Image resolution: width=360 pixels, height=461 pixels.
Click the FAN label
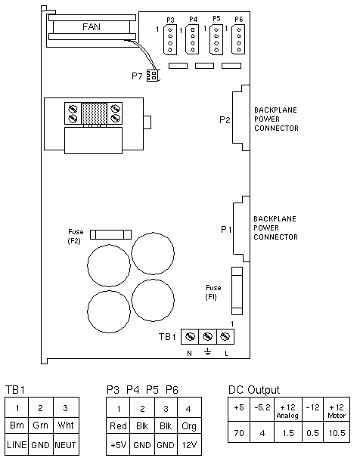[x=92, y=27]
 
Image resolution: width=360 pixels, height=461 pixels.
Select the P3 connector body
[x=170, y=39]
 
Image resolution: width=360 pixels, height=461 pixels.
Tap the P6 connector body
[x=238, y=39]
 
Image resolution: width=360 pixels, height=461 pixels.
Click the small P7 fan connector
[x=152, y=76]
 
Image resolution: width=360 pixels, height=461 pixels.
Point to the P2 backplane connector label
[x=225, y=120]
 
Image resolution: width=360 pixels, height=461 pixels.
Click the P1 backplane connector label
[x=226, y=229]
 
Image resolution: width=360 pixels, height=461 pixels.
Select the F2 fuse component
[x=110, y=234]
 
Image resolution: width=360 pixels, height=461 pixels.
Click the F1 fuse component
[x=237, y=291]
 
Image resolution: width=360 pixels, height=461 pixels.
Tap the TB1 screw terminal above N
[x=190, y=336]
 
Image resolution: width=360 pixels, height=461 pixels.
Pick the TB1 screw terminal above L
[x=225, y=336]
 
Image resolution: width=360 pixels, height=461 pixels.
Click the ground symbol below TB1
[x=208, y=352]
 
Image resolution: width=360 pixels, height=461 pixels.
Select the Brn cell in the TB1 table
[x=17, y=425]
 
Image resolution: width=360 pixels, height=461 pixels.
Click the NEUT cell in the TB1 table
[x=66, y=444]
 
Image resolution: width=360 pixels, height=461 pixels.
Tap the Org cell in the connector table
[x=189, y=426]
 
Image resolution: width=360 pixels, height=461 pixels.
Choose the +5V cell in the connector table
[x=118, y=445]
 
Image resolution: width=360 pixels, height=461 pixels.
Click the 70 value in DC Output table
[x=239, y=433]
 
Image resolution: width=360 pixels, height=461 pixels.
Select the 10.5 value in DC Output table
[x=337, y=433]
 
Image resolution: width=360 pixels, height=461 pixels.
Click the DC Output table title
[x=254, y=390]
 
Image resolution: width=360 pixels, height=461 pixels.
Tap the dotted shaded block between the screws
[x=94, y=113]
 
